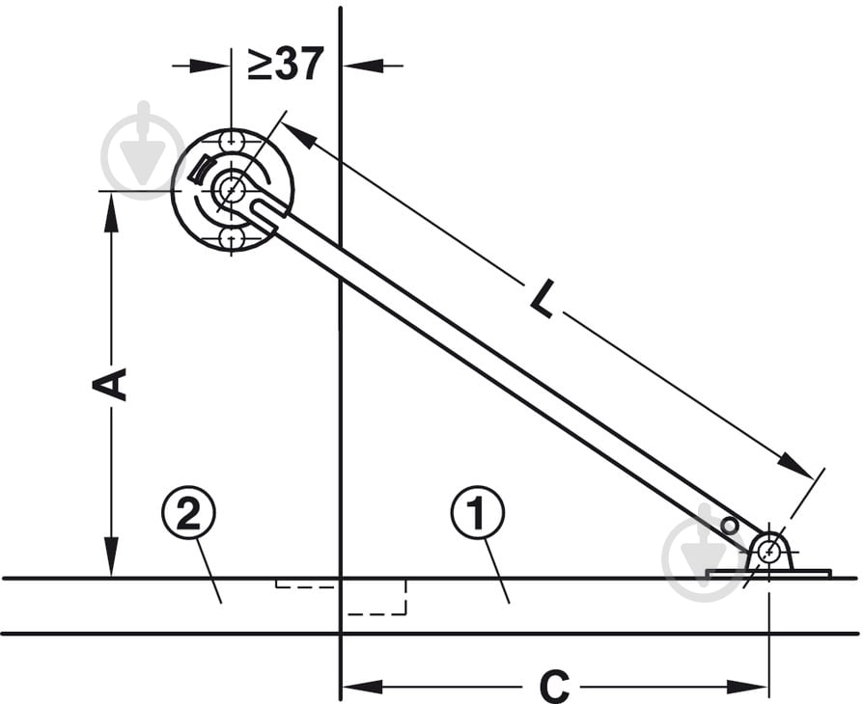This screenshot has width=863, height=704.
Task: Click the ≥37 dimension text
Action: (285, 64)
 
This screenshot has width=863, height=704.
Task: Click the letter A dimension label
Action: (109, 384)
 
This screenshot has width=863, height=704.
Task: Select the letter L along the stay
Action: (543, 299)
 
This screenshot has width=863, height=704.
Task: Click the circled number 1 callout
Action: (477, 512)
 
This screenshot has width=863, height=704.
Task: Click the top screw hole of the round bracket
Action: (232, 141)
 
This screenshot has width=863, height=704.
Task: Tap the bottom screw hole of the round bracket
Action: (232, 239)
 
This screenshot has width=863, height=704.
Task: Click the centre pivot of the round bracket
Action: (232, 190)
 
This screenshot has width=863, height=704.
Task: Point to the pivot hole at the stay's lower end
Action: (767, 552)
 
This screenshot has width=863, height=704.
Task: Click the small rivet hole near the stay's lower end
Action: (729, 526)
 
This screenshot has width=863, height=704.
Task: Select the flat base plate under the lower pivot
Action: (768, 574)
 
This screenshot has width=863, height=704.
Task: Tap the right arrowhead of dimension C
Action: (747, 687)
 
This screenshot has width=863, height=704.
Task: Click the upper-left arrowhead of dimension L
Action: (299, 135)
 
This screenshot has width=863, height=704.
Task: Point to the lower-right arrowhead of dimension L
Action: (795, 466)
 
